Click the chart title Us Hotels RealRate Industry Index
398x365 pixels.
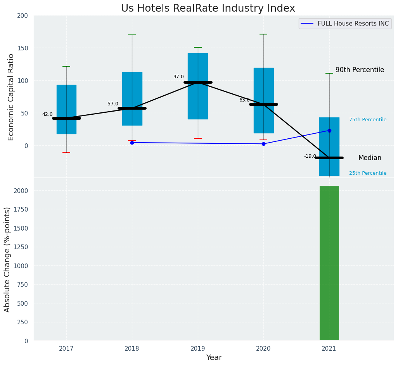(208, 9)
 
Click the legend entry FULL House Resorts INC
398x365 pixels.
(353, 24)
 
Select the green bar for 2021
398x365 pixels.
(329, 263)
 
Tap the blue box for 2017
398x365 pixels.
(66, 109)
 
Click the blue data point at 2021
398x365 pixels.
(329, 131)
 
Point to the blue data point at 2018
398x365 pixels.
(132, 143)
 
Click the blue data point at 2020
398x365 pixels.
(263, 144)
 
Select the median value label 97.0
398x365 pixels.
(178, 77)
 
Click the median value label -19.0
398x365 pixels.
(310, 156)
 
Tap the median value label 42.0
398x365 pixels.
(47, 114)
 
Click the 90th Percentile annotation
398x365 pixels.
(360, 70)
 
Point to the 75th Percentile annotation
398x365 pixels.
(367, 120)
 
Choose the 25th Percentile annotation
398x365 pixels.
(367, 173)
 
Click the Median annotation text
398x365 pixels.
(369, 158)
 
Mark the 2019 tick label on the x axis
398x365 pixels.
(198, 349)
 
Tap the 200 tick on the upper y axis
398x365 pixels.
(22, 15)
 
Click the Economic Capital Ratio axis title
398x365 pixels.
(11, 97)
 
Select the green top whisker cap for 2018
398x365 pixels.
(132, 35)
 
